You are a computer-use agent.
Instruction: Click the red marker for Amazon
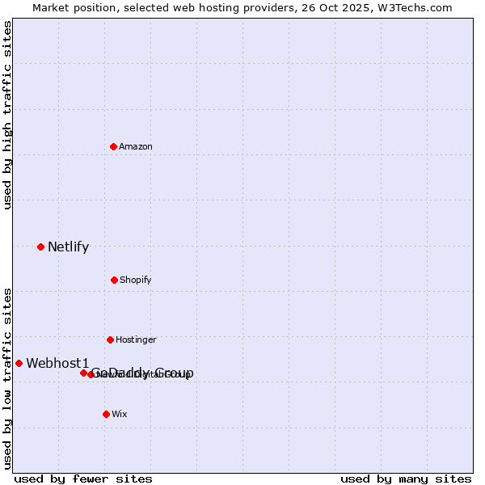pyautogui.click(x=113, y=146)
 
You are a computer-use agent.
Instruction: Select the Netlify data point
pyautogui.click(x=40, y=247)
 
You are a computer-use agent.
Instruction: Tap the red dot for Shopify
pyautogui.click(x=114, y=280)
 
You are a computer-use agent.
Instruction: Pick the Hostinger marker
pyautogui.click(x=110, y=339)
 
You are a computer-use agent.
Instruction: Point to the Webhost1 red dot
pyautogui.click(x=19, y=363)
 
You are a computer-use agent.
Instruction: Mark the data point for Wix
pyautogui.click(x=106, y=414)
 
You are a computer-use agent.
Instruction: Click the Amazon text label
pyautogui.click(x=136, y=147)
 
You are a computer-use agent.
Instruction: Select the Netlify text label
pyautogui.click(x=68, y=247)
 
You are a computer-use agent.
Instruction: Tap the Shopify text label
pyautogui.click(x=136, y=280)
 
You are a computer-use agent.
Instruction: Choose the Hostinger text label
pyautogui.click(x=136, y=340)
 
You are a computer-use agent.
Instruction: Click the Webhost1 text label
pyautogui.click(x=57, y=364)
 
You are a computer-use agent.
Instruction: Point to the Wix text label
pyautogui.click(x=120, y=415)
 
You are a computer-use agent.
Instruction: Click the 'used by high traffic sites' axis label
pyautogui.click(x=7, y=115)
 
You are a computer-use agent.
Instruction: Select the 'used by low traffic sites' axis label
pyautogui.click(x=7, y=377)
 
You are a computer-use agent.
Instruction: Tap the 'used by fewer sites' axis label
pyautogui.click(x=83, y=479)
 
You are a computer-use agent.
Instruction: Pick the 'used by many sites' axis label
pyautogui.click(x=406, y=479)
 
